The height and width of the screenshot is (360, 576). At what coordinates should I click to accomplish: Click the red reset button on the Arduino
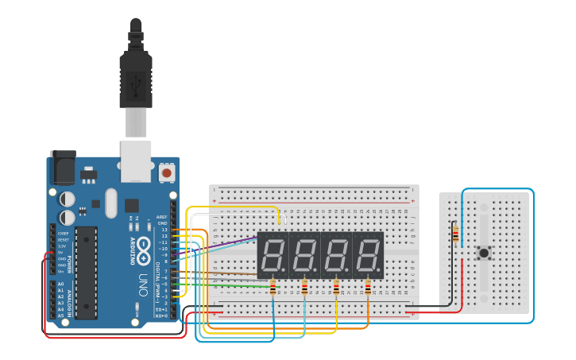point(166,172)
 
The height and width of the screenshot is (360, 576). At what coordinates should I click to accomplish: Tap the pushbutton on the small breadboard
point(483,254)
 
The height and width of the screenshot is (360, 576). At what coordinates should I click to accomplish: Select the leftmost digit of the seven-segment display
point(273,255)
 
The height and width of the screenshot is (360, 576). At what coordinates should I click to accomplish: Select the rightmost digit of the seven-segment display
point(368,255)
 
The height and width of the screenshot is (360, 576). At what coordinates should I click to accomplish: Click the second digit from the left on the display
point(304,255)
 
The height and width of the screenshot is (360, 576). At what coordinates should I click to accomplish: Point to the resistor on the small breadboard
point(454,234)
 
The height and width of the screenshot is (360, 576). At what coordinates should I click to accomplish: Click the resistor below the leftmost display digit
point(273,288)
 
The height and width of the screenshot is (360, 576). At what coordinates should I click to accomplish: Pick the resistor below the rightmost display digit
point(368,288)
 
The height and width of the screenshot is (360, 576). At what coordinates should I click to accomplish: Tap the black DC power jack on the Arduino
point(63,168)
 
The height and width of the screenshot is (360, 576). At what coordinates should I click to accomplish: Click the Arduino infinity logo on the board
point(144,249)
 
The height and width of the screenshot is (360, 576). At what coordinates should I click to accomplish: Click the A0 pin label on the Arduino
point(60,284)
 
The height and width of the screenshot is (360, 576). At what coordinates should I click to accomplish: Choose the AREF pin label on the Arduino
point(162,216)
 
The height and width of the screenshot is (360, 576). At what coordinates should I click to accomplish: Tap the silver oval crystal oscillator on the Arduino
point(110,202)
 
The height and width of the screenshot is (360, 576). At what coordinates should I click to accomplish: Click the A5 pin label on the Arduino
point(60,315)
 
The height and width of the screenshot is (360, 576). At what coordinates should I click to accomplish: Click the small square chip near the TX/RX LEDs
point(131,205)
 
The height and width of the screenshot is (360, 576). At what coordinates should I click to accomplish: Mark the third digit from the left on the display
point(336,255)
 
